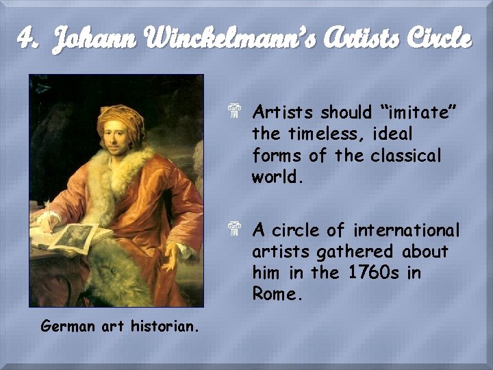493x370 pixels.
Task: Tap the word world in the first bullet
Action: [x=275, y=177]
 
